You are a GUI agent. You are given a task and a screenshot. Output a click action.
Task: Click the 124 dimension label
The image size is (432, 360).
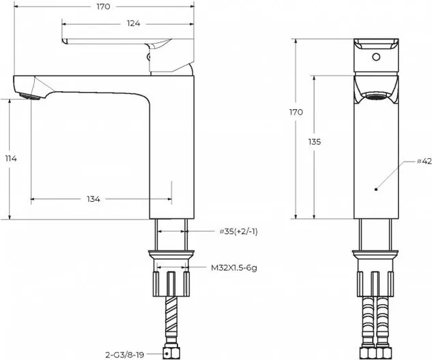tap(133, 24)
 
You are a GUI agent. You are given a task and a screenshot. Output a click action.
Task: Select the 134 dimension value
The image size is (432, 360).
tap(93, 199)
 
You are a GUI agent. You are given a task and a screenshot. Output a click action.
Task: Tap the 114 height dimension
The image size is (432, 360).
tap(11, 159)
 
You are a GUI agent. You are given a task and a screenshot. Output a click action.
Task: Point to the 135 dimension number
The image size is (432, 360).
tap(315, 142)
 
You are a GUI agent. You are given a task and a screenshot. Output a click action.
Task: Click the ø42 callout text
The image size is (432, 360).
tap(424, 162)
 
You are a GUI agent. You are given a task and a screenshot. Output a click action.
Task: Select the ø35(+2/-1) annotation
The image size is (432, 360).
tap(239, 232)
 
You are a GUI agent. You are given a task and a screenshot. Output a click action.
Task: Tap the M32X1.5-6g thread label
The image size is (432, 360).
tap(234, 268)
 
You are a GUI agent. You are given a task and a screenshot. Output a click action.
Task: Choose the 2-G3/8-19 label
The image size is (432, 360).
tap(125, 355)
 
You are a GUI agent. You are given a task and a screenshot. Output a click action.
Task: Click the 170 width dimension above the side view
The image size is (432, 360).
tap(103, 7)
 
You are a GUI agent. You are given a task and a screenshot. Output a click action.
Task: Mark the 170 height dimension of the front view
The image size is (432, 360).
tap(296, 112)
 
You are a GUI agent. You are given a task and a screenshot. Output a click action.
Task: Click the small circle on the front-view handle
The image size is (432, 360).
tap(376, 57)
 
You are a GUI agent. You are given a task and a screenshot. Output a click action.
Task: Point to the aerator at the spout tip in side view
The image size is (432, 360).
tap(30, 96)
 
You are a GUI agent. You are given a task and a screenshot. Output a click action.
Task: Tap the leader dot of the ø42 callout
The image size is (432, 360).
tap(376, 190)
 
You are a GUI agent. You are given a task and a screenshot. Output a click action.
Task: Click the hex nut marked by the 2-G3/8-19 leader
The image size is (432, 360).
tap(171, 353)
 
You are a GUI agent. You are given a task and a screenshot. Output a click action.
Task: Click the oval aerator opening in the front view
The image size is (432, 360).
tap(376, 96)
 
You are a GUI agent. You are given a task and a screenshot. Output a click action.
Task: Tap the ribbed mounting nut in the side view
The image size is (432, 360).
tap(171, 284)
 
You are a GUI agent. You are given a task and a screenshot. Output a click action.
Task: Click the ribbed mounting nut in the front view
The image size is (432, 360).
tap(376, 284)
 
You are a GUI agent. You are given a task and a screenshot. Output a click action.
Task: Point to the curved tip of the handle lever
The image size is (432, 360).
tap(65, 41)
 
